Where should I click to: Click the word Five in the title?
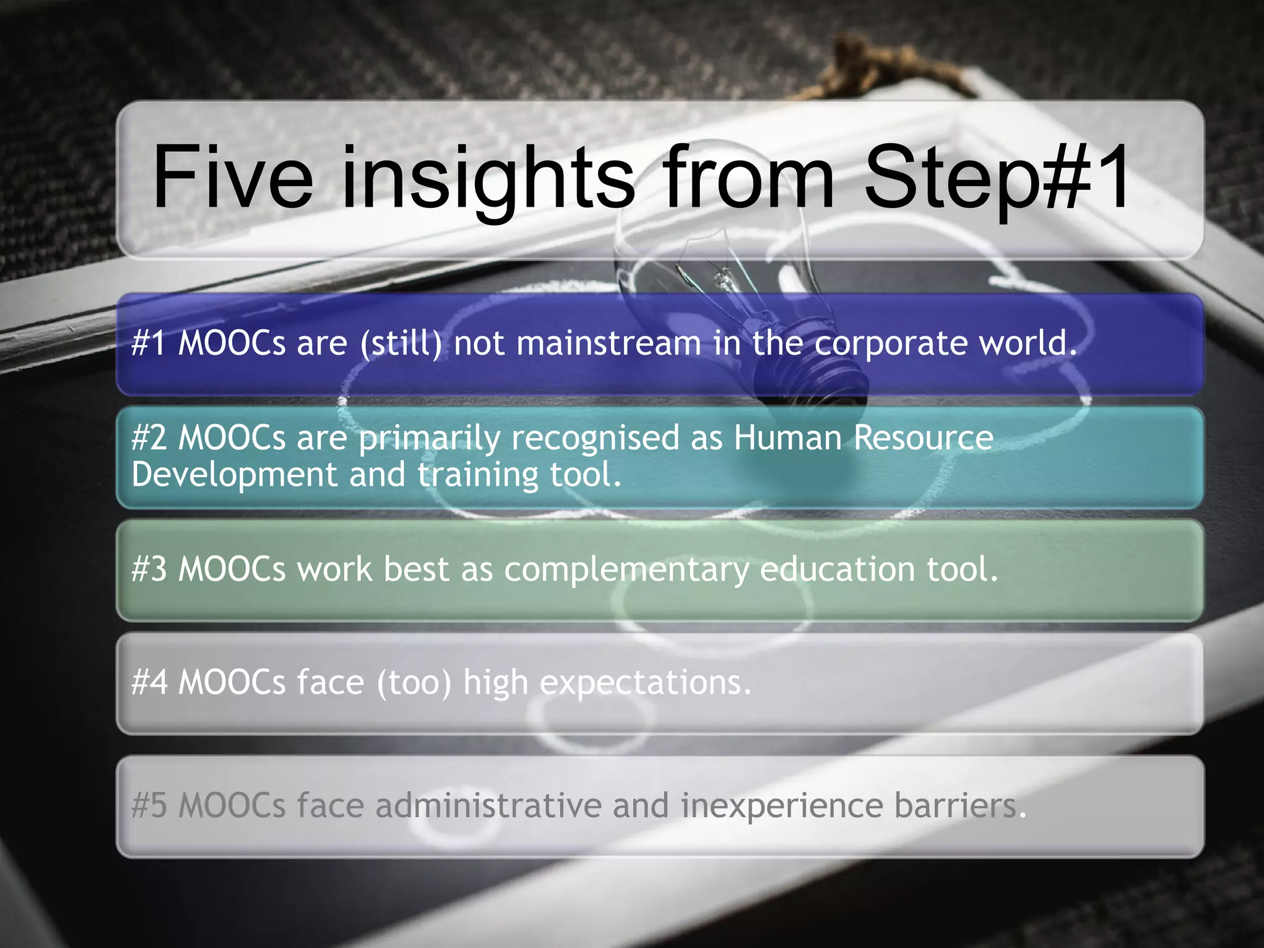coord(233,178)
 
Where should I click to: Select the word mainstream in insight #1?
coord(609,343)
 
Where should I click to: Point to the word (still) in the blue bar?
coord(401,343)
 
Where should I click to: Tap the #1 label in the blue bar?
coord(149,343)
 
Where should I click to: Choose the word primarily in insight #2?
coord(430,438)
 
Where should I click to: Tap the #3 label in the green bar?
coord(149,569)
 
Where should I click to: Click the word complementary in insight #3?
coord(626,569)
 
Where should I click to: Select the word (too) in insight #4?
coord(414,683)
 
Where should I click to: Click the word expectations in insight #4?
coord(646,683)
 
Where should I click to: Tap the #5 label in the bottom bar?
coord(149,806)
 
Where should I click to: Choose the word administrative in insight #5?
coord(488,806)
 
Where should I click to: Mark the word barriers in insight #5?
coord(960,806)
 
